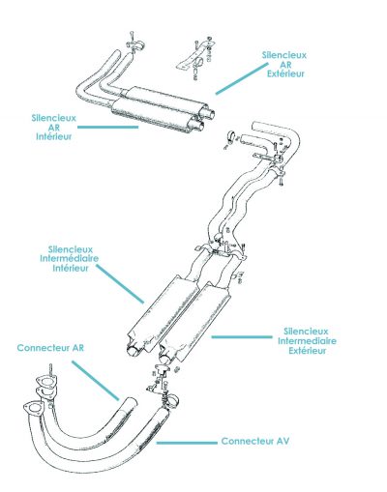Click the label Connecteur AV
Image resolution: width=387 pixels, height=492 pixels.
(x=255, y=441)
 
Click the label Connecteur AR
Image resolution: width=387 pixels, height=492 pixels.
(x=50, y=348)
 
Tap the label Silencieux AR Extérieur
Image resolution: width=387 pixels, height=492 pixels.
(x=284, y=65)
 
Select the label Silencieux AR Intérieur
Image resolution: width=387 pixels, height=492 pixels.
(x=54, y=127)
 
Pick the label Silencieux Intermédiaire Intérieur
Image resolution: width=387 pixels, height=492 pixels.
(x=70, y=259)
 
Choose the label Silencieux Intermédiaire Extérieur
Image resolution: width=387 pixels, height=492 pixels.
(x=307, y=341)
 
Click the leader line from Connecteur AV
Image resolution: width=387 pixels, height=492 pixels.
(x=187, y=443)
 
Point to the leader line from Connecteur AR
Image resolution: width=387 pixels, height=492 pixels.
(x=95, y=381)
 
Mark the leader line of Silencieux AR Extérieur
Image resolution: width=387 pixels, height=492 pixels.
(x=242, y=78)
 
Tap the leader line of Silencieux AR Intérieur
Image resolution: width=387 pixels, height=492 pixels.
(x=108, y=127)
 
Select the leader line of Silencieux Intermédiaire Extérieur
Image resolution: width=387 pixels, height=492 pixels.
(x=242, y=337)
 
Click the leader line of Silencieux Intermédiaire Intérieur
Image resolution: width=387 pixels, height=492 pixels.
(x=120, y=284)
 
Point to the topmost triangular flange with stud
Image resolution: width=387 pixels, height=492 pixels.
(x=46, y=382)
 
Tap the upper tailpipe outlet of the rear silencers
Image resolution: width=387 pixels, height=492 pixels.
(x=210, y=113)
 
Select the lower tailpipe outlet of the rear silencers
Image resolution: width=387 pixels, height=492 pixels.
(x=199, y=126)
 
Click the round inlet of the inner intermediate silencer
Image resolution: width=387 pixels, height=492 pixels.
(x=134, y=350)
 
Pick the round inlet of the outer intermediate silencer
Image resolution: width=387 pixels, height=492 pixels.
(x=165, y=357)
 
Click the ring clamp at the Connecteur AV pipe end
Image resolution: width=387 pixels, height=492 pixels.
(x=172, y=401)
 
